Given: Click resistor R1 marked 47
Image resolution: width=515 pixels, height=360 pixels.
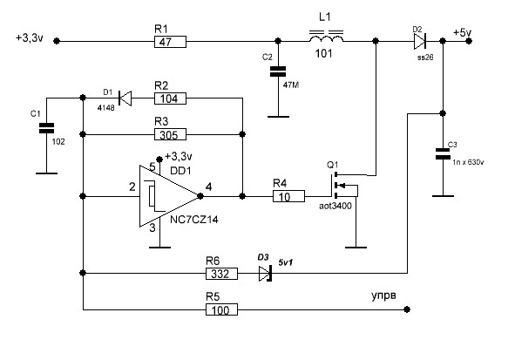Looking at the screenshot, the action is coord(170,42).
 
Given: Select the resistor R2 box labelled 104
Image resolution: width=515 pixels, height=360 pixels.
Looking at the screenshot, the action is coord(170,98).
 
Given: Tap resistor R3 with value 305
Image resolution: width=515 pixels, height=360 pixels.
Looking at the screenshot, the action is coord(170,134).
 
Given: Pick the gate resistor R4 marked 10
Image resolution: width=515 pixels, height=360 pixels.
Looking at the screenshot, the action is coord(288,196).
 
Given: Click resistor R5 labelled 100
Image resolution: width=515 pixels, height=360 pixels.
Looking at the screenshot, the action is coord(221,309).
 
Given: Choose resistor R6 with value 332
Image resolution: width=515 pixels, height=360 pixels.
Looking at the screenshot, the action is coord(221,274).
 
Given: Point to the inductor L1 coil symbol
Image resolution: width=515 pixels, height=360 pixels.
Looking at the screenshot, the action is coord(326,37).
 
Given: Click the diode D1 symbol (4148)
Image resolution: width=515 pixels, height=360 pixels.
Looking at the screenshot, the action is coord(125,98).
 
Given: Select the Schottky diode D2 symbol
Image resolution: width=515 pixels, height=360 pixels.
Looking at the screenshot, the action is coord(420,41).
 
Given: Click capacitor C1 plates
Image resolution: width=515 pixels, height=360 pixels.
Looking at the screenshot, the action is coord(46,128).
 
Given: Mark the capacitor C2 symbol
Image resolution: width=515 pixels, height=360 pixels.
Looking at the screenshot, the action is coord(278,71).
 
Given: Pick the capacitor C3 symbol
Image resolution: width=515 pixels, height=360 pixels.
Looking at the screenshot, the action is coord(443,153).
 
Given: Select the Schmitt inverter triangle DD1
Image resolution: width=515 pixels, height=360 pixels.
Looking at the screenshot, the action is coord(170,196).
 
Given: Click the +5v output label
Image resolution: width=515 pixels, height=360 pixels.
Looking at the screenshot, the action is coord(462,32).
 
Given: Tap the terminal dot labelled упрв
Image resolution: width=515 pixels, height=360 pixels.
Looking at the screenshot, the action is coord(407,309).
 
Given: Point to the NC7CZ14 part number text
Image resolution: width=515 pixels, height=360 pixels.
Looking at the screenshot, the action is coord(194,220).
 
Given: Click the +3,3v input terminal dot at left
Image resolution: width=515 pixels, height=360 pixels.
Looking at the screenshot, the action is coord(57,41).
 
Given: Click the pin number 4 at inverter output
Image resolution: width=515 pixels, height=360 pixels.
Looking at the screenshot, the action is coord(208,187).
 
